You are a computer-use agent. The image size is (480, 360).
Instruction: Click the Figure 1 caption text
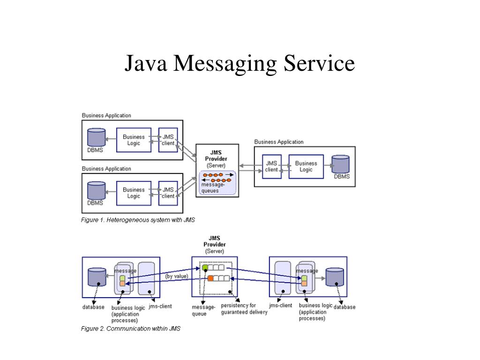(x=138, y=220)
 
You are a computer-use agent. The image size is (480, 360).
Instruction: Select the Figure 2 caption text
(x=131, y=329)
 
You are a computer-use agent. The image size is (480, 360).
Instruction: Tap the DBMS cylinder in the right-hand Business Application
(x=341, y=165)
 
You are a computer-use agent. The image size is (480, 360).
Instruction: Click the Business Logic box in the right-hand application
(x=306, y=166)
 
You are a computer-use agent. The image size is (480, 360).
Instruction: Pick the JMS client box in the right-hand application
(x=271, y=166)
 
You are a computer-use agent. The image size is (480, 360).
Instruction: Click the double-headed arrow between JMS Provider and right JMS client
(x=247, y=166)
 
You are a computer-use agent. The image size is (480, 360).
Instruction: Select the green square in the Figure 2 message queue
(x=205, y=268)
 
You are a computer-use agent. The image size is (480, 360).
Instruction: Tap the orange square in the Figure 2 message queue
(x=210, y=278)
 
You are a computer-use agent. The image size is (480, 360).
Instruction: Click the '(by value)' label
(x=177, y=277)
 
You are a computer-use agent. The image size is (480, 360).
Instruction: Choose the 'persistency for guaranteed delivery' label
(x=244, y=309)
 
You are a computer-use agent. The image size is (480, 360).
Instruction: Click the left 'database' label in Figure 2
(x=93, y=307)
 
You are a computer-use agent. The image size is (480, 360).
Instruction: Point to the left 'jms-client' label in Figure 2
(x=160, y=307)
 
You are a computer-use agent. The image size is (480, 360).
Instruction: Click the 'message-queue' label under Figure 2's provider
(x=203, y=311)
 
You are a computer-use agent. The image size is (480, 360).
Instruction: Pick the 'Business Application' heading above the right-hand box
(x=279, y=142)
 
